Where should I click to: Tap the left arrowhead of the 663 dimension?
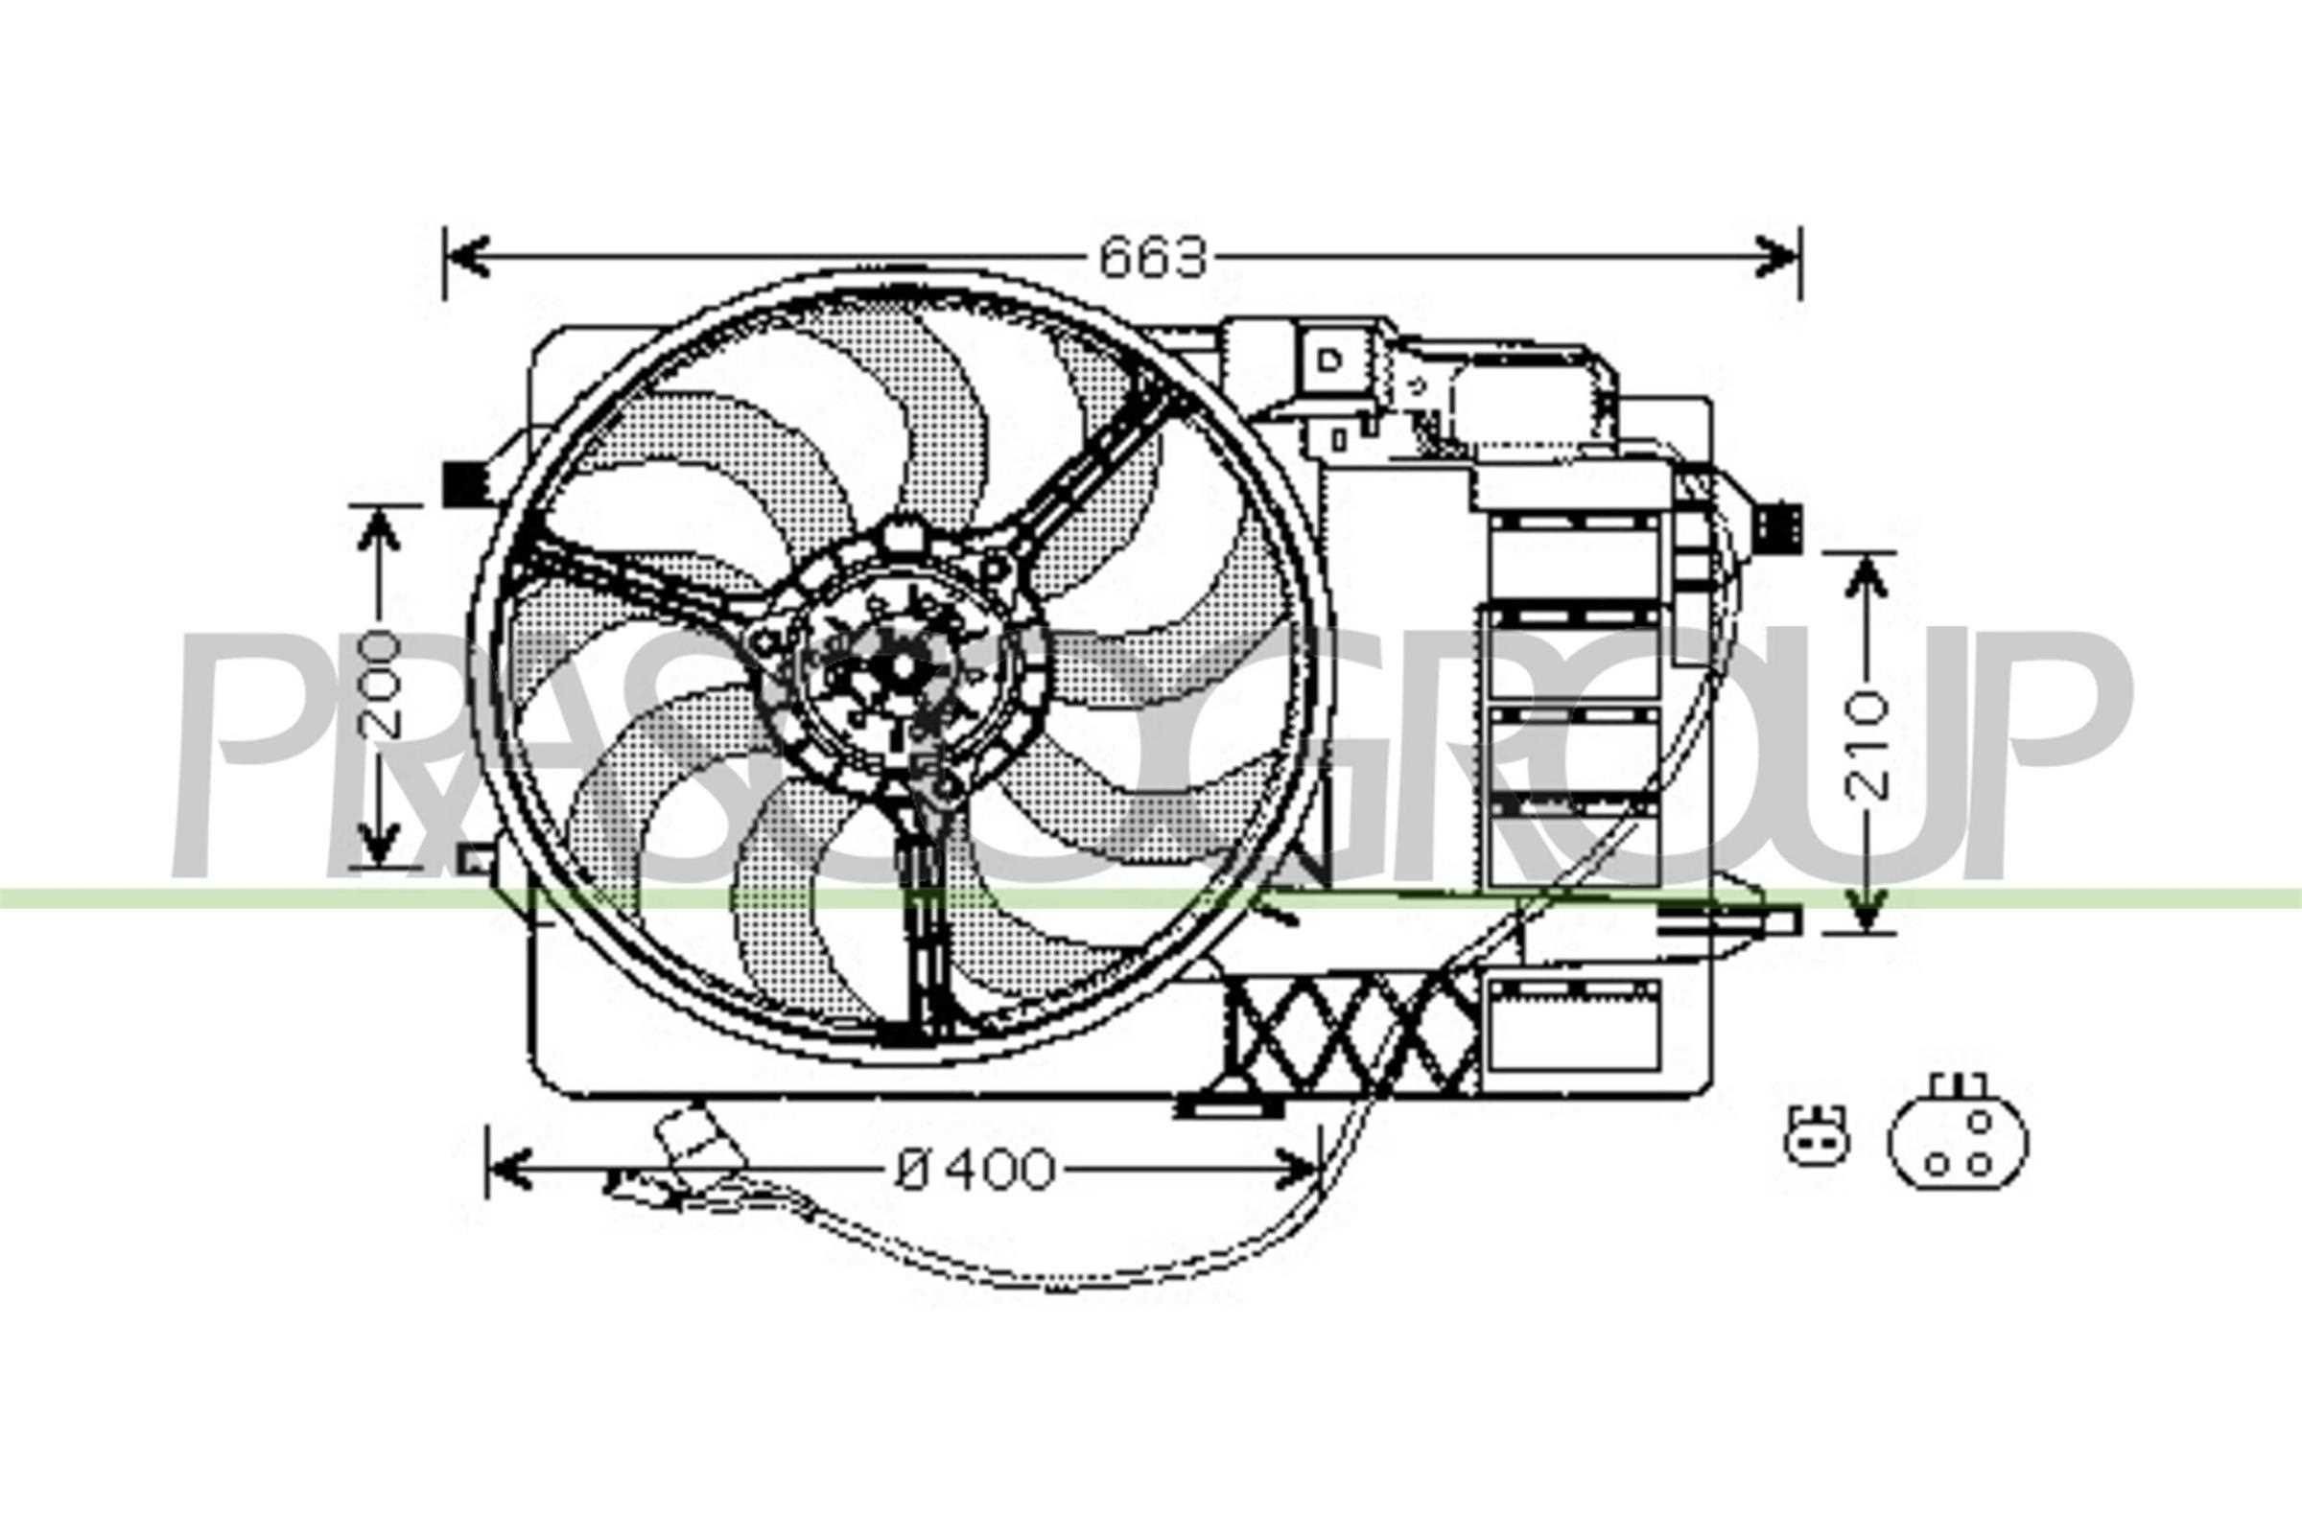coord(466,256)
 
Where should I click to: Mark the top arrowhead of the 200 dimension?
coord(380,529)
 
